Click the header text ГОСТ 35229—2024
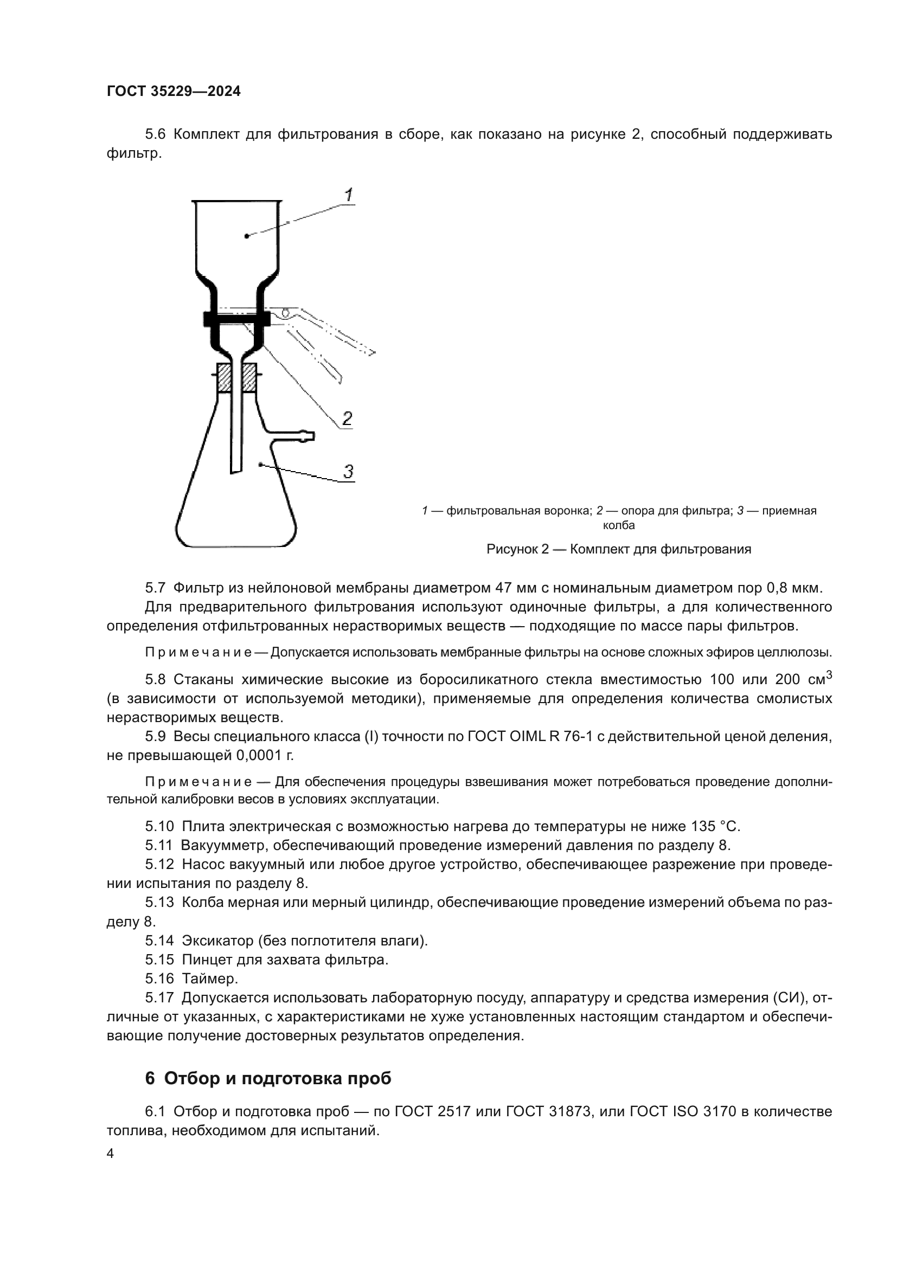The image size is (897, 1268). pos(174,92)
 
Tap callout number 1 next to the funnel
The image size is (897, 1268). pos(349,195)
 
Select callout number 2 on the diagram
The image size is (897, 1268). pos(347,419)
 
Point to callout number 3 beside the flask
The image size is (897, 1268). pos(348,472)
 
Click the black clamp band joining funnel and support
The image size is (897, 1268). pos(236,319)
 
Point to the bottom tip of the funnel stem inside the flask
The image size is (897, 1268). pos(236,471)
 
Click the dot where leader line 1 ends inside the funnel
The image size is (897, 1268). pos(246,236)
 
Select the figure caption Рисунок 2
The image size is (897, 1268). pos(619,550)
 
